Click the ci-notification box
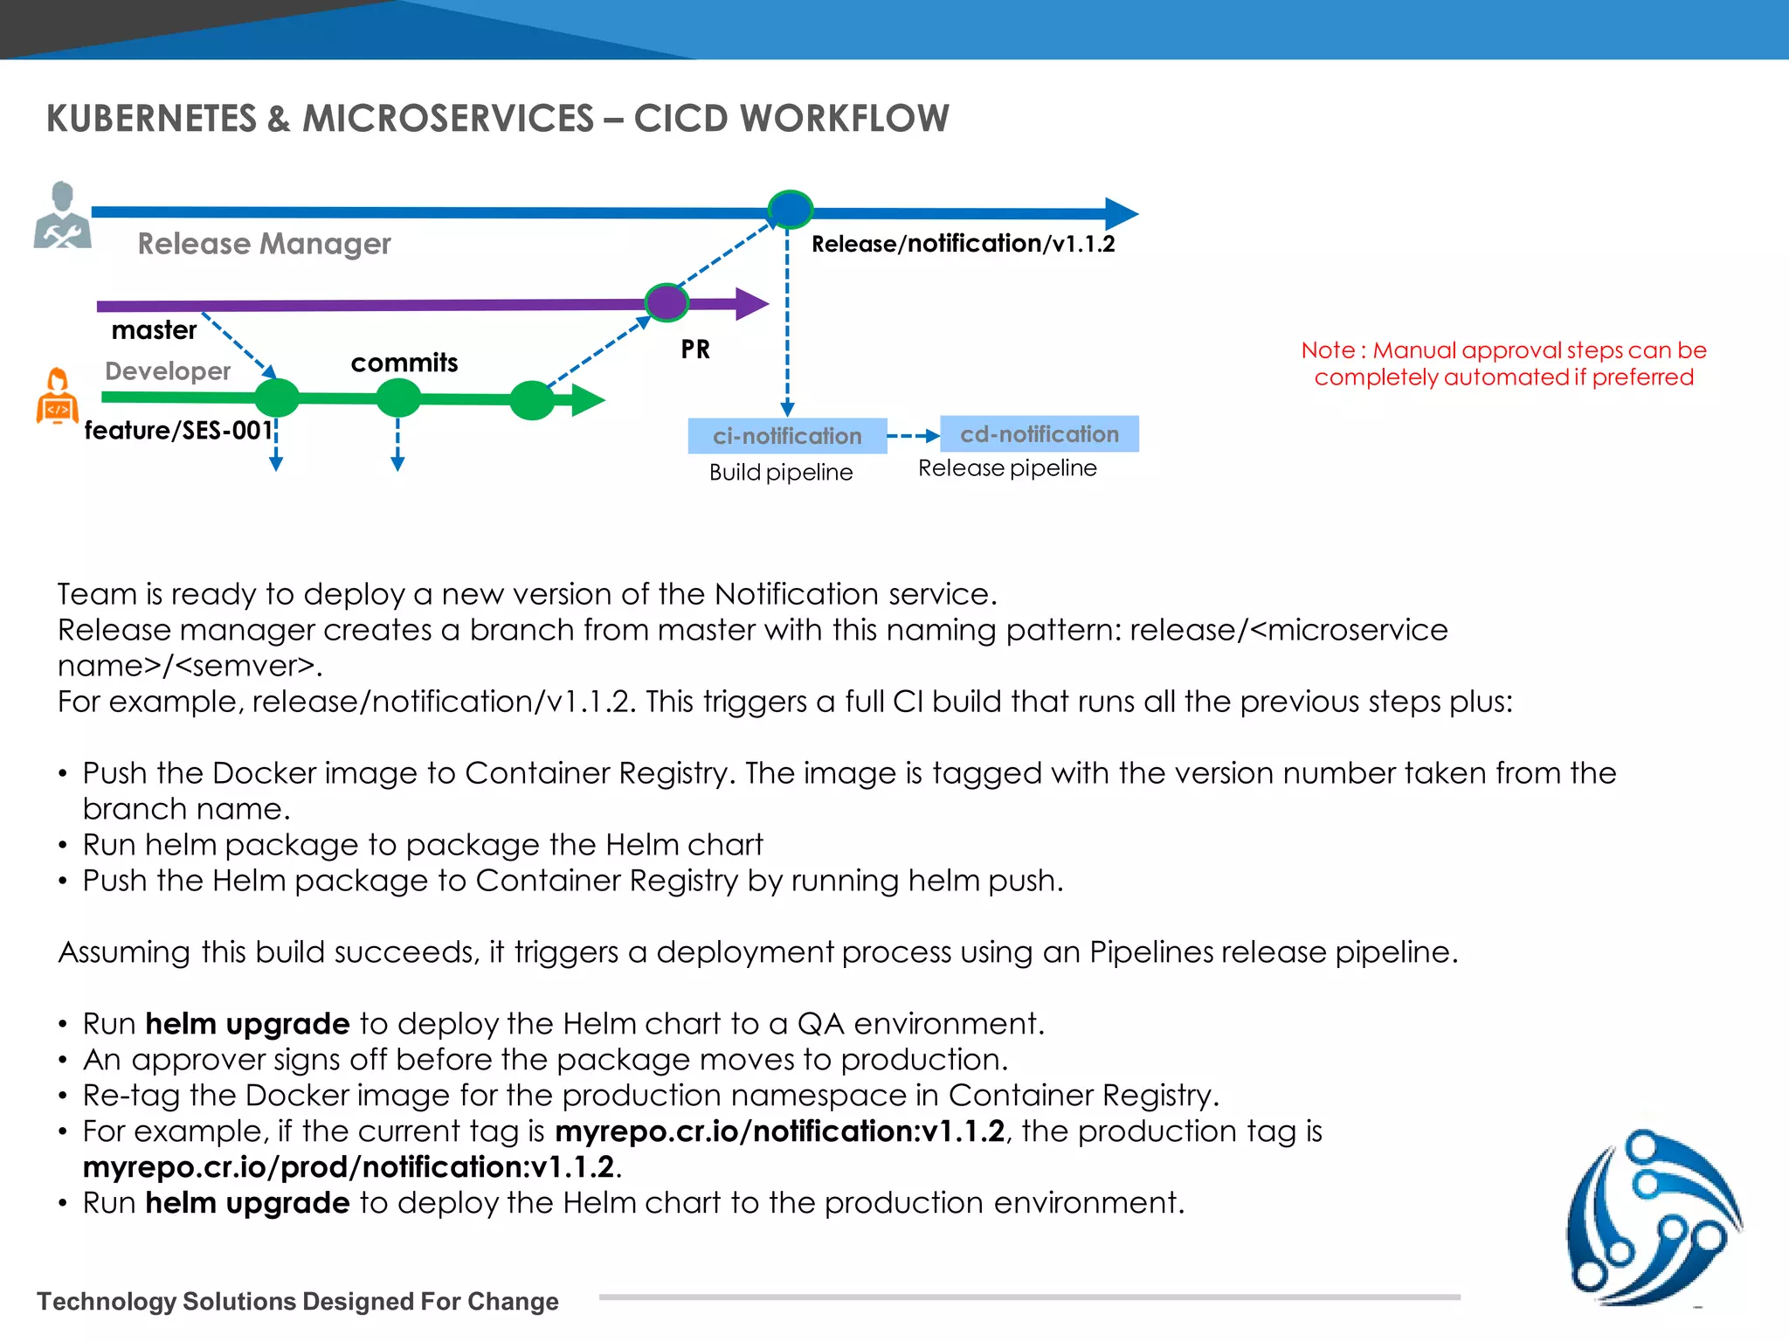tap(787, 436)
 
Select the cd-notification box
tap(1040, 434)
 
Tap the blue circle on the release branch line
tap(790, 210)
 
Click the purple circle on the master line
tap(667, 303)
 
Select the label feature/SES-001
tap(178, 430)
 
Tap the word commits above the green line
tap(404, 363)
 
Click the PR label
tap(695, 349)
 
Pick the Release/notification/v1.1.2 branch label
tap(963, 244)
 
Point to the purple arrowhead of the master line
tap(751, 304)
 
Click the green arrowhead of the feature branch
tap(588, 401)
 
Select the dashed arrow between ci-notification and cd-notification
tap(913, 436)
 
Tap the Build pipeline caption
tap(781, 473)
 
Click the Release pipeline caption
tap(1007, 468)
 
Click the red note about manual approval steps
tap(1503, 363)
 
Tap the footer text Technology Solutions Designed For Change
tap(298, 1301)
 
